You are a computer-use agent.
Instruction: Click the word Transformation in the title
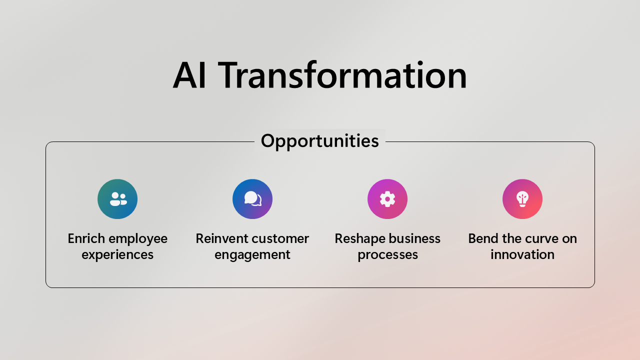coord(342,75)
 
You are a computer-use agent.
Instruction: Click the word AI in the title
coord(189,75)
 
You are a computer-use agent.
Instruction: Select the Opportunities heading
coord(320,141)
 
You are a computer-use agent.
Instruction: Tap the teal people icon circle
coord(117,199)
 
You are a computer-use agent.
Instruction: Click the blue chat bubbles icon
coord(252,199)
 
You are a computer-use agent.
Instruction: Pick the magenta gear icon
coord(387,199)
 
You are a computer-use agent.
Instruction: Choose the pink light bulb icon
coord(522,199)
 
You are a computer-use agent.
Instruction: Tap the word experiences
coord(117,255)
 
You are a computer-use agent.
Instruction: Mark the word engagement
coord(252,255)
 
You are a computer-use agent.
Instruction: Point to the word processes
coord(387,255)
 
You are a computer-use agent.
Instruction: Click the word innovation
coord(522,254)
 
